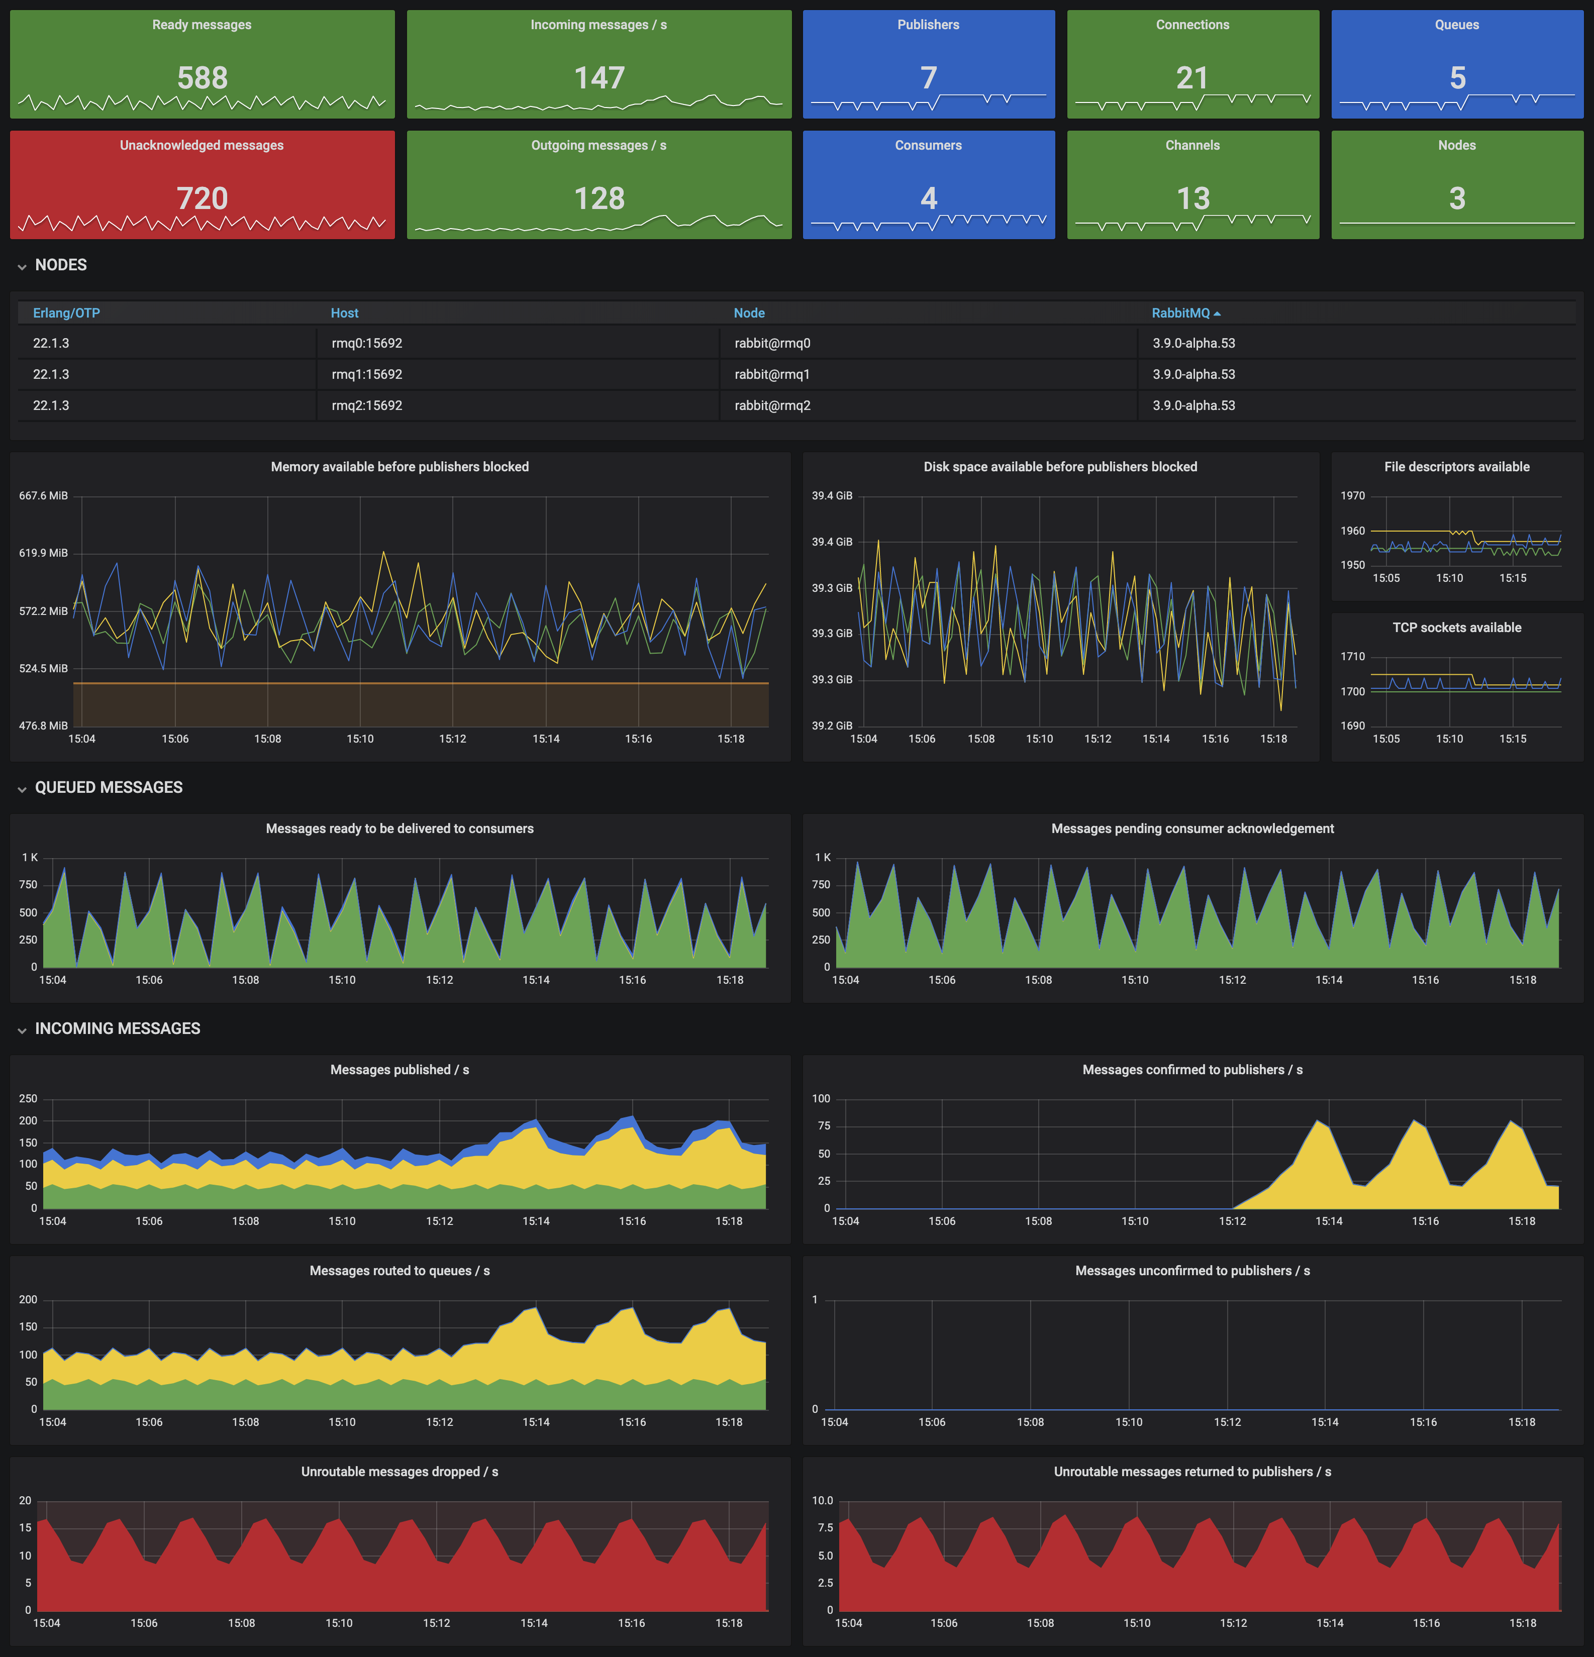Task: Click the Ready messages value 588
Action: click(202, 78)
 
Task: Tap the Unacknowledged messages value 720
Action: click(202, 198)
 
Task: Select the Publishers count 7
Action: click(929, 78)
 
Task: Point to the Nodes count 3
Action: click(1457, 198)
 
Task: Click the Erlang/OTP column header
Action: click(66, 313)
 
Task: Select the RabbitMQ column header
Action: click(1180, 313)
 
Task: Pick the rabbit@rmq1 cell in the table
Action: click(772, 374)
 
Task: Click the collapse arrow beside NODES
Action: click(22, 266)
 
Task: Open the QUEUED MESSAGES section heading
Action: click(108, 787)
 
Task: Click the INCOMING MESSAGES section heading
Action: click(118, 1028)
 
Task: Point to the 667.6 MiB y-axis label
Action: click(43, 495)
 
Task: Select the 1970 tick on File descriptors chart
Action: click(1352, 495)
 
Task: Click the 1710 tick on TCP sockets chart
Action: click(1352, 656)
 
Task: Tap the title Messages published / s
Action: click(399, 1070)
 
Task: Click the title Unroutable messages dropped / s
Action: click(399, 1472)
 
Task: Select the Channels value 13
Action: click(1192, 198)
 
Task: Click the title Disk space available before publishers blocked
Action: click(1059, 467)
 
